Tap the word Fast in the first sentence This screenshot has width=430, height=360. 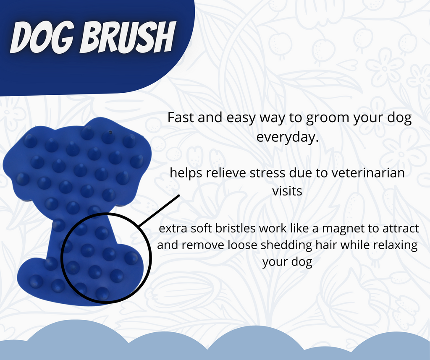tap(181, 118)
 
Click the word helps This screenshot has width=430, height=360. tap(185, 172)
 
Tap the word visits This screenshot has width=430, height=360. tap(287, 191)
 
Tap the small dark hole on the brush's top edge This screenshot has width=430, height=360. tap(110, 132)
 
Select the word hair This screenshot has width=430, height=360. tap(322, 245)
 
